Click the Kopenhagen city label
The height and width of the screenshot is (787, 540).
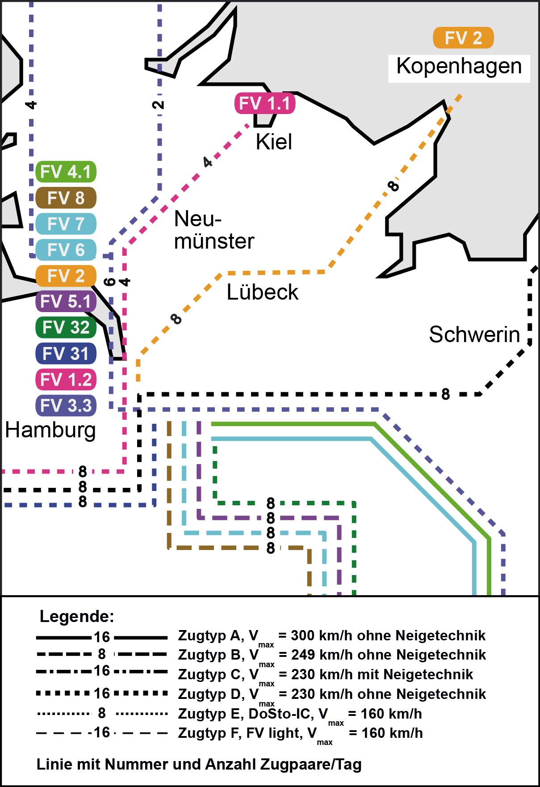[459, 67]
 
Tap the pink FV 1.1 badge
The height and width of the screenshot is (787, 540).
[265, 103]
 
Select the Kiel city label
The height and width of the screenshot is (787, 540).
[274, 142]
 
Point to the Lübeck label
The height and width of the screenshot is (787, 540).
[262, 292]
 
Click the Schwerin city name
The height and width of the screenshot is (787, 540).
[474, 334]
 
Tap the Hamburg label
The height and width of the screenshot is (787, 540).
[50, 430]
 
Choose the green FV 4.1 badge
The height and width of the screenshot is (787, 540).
[66, 172]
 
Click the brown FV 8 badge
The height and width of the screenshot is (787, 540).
[66, 198]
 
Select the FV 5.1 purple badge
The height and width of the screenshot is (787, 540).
[66, 301]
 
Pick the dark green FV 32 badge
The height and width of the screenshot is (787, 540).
[66, 327]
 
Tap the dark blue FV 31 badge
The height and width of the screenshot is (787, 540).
[66, 354]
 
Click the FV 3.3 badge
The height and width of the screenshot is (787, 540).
[66, 406]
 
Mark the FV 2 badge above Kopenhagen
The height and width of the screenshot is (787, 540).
[463, 38]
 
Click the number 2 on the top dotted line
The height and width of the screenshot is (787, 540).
[158, 105]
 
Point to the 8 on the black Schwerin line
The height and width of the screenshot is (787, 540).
[445, 394]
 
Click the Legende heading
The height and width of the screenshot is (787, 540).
[77, 616]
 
